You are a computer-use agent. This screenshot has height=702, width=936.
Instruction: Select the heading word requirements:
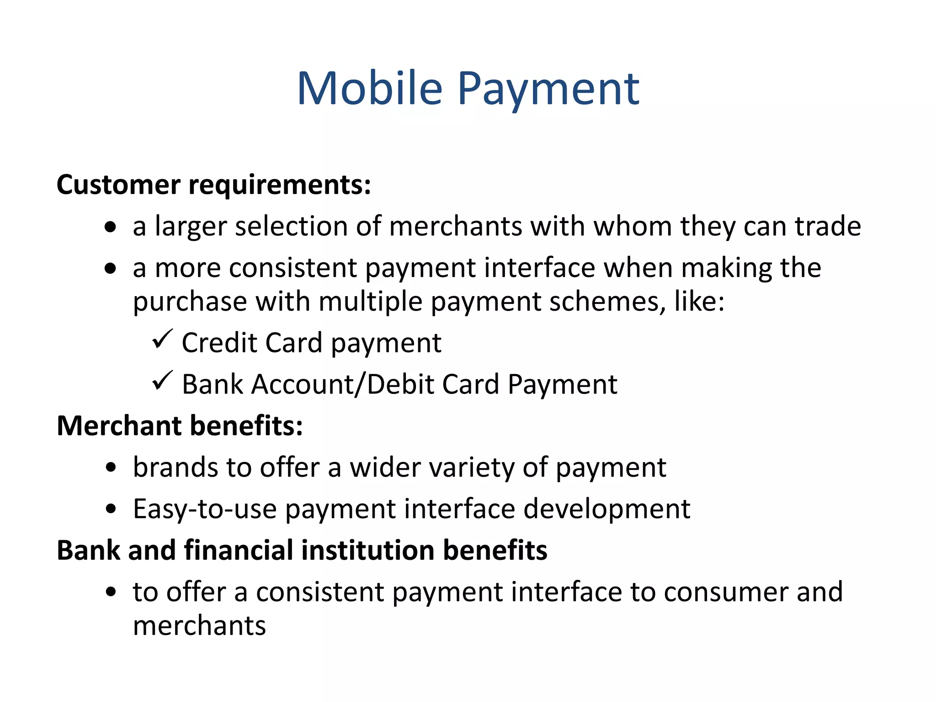(280, 185)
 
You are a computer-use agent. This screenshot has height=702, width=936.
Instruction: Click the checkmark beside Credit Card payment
(162, 339)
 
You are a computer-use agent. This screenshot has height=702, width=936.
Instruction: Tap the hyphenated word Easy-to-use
(205, 509)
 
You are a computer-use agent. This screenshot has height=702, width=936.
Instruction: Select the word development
(606, 509)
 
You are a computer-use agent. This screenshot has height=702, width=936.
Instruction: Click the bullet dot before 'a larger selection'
(110, 227)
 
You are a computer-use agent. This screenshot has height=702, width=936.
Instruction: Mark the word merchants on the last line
(199, 626)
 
